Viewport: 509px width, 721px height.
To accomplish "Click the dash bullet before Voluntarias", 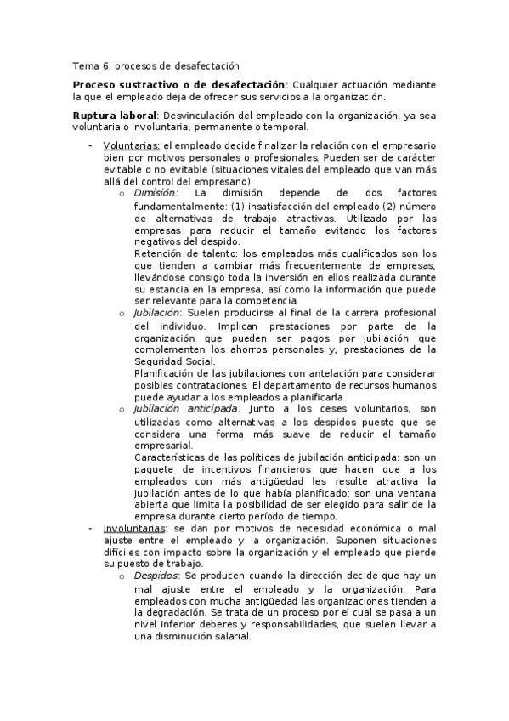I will tap(90, 146).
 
